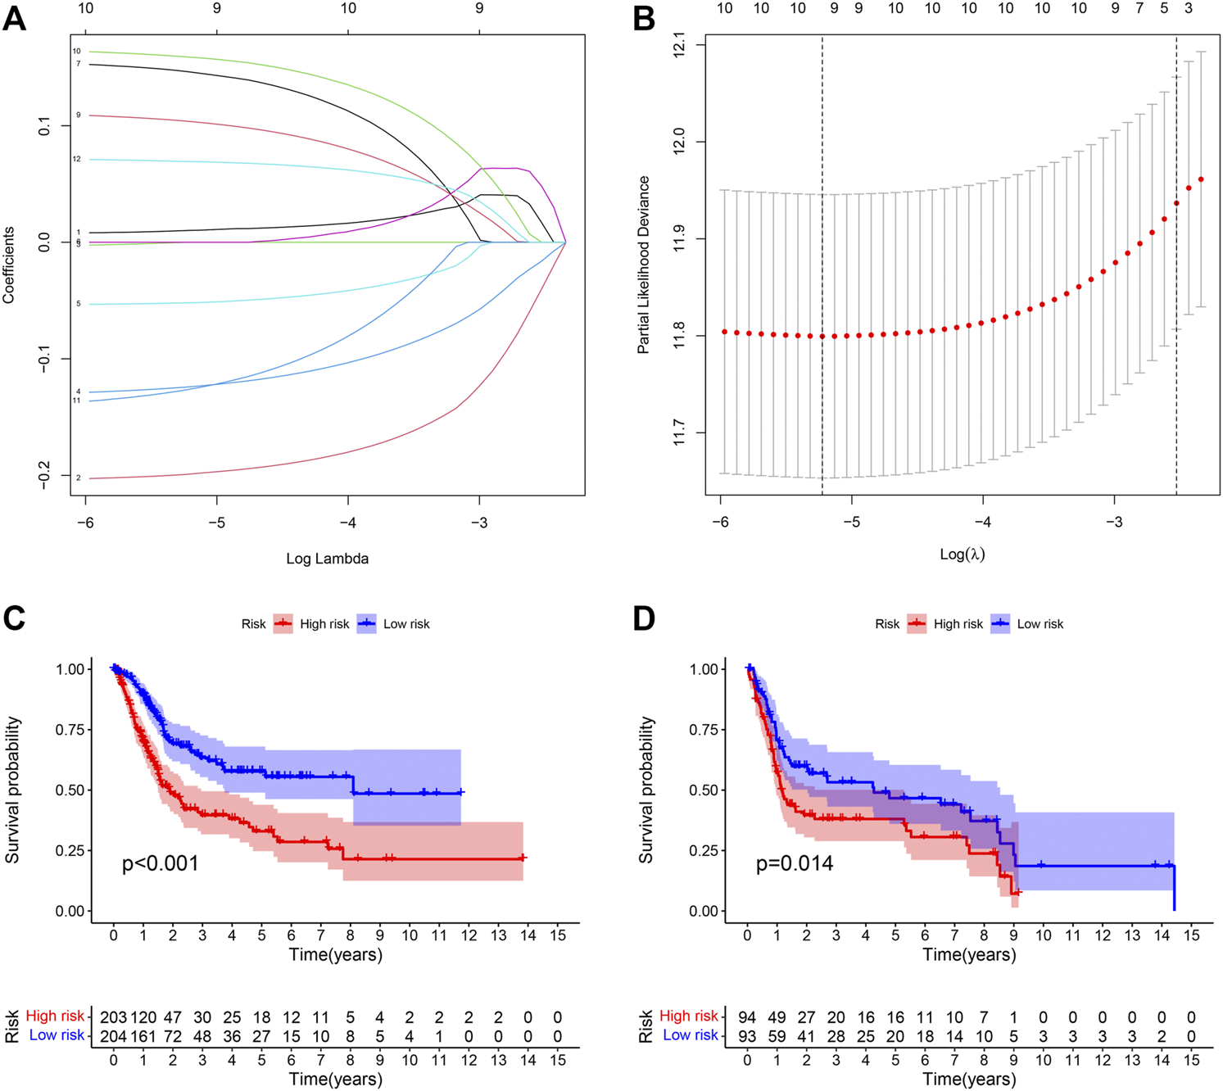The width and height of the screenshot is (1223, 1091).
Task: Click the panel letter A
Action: [15, 18]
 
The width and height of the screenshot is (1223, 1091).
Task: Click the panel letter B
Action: [644, 18]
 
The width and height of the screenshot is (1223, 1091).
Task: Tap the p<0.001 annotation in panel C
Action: [161, 863]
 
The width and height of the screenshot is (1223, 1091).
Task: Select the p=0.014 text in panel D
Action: [794, 863]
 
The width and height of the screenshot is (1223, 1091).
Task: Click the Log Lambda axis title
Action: [327, 559]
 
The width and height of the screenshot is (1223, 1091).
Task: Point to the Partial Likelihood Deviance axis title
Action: [643, 265]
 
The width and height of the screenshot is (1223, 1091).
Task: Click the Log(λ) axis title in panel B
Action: [962, 555]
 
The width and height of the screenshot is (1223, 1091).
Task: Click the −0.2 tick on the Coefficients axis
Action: [45, 477]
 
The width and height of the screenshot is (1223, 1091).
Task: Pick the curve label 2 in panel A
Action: [78, 478]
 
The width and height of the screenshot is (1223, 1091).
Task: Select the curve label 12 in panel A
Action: [77, 159]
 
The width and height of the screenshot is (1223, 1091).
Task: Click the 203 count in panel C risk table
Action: [114, 1017]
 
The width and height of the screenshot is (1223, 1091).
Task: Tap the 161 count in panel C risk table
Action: [143, 1035]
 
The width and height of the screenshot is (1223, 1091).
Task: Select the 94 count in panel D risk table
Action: [747, 1017]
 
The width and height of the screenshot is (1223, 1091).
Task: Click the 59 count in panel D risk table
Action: [777, 1035]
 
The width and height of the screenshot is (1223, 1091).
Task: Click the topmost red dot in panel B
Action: [1201, 179]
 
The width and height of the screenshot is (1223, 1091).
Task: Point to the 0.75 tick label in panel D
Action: [706, 730]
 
